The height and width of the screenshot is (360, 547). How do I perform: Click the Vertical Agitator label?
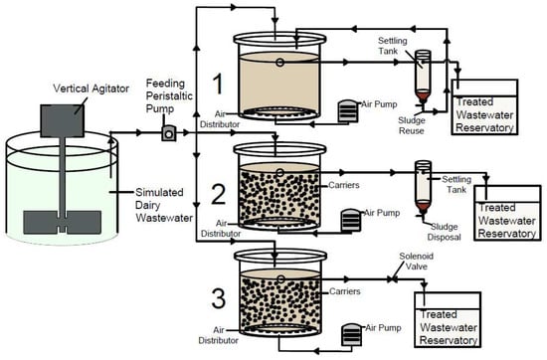pos(91,89)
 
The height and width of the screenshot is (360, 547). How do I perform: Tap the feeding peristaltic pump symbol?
pos(169,133)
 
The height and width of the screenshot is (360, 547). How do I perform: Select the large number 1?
pos(218,85)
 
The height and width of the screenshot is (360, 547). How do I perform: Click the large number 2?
pos(219,194)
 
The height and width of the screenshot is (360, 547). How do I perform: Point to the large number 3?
pos(219,298)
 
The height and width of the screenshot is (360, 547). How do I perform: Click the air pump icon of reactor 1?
pos(348,111)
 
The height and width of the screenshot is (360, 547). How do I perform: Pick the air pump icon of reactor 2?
pos(351,220)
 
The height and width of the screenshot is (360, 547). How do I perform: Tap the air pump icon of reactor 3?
pos(352,334)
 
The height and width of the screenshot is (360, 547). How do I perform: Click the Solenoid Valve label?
pos(416,262)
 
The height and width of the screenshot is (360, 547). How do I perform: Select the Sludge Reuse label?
pos(412,125)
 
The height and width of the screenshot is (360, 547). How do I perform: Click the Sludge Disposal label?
pos(444,232)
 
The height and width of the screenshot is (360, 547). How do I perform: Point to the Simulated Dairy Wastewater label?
pos(164,205)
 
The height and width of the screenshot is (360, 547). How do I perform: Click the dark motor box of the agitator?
pos(62,120)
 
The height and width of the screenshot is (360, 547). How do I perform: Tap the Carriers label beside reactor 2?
pos(344,185)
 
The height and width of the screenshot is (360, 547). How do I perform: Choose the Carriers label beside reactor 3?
pos(345,291)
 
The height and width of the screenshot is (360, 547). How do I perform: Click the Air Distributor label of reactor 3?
pos(219,335)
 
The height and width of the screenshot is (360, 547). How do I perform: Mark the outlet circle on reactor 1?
pos(279,63)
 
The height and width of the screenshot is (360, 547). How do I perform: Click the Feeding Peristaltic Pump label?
pos(169,95)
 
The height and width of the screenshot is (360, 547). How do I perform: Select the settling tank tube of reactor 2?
pos(423,187)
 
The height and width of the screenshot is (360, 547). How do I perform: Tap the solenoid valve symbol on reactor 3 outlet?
pos(393,279)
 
